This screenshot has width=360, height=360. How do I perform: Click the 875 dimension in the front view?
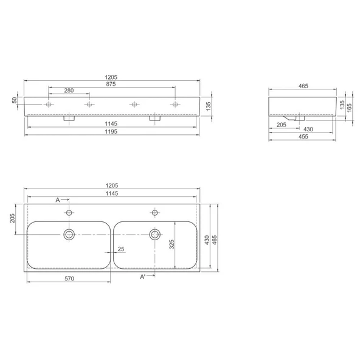(111, 84)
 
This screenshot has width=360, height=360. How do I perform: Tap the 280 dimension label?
(69, 91)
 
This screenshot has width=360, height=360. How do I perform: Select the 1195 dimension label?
(111, 131)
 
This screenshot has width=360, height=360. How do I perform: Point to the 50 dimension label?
(15, 100)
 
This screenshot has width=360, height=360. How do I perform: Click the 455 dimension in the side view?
(303, 137)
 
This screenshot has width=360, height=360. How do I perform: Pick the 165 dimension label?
(349, 108)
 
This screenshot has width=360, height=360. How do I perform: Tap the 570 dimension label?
(69, 279)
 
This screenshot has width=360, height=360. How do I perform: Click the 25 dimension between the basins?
(121, 249)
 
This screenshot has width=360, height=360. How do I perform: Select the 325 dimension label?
(171, 244)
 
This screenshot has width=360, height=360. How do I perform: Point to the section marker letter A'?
(142, 277)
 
